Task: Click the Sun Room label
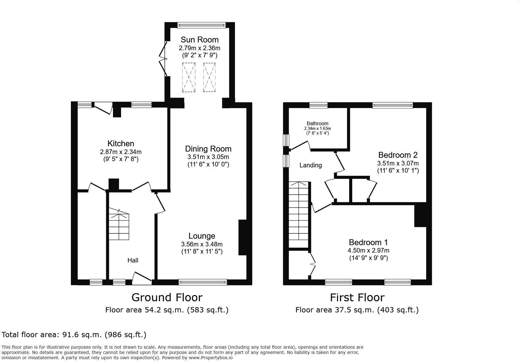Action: (200, 40)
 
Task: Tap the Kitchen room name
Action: (121, 143)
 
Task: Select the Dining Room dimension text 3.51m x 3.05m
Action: (208, 157)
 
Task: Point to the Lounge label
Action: (202, 236)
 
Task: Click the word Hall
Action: (133, 260)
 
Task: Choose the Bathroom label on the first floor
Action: (317, 123)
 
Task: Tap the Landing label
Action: (311, 165)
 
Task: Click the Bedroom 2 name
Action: (398, 155)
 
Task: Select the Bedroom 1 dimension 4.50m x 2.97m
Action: (368, 251)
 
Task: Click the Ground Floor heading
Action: (167, 297)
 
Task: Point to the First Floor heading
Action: (357, 297)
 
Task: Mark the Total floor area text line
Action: (74, 335)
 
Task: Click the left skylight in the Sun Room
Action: (189, 77)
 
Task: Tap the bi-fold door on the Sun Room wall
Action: (163, 59)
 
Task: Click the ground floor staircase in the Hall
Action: (119, 224)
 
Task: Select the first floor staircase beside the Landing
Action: (298, 214)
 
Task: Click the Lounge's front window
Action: (203, 282)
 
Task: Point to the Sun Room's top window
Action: (201, 25)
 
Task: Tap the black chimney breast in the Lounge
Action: (243, 237)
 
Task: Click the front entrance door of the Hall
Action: (142, 278)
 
